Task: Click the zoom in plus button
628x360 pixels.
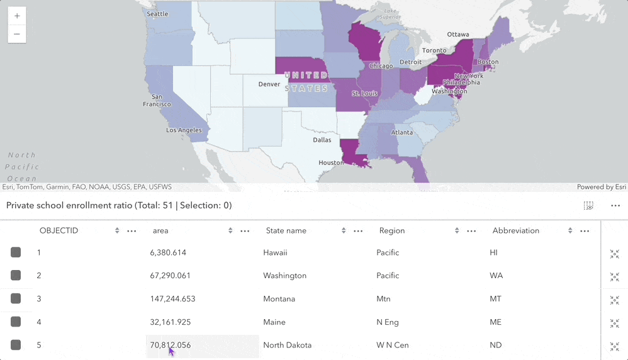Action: tap(17, 16)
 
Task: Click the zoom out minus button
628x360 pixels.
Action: tap(17, 34)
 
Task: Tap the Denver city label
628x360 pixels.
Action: tap(269, 84)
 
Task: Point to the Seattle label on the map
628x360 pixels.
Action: tap(157, 14)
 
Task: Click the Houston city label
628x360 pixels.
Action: tap(331, 162)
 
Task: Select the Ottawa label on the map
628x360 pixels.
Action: tap(458, 34)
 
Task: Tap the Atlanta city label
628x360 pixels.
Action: tap(402, 133)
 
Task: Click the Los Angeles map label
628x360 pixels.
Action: tap(184, 130)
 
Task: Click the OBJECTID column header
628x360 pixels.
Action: tap(59, 231)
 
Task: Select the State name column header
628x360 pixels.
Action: tap(286, 231)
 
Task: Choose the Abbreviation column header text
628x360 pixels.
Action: tap(516, 231)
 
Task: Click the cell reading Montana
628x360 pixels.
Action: tap(279, 299)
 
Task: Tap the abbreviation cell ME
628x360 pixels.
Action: tap(495, 322)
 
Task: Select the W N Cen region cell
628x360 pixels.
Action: tap(393, 346)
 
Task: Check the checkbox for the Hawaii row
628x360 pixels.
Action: tap(16, 252)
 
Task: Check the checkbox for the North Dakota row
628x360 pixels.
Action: tap(16, 345)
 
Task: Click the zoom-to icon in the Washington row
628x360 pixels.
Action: tap(614, 277)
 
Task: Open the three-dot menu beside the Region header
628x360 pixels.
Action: tap(471, 231)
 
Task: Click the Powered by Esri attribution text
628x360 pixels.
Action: tap(602, 187)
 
